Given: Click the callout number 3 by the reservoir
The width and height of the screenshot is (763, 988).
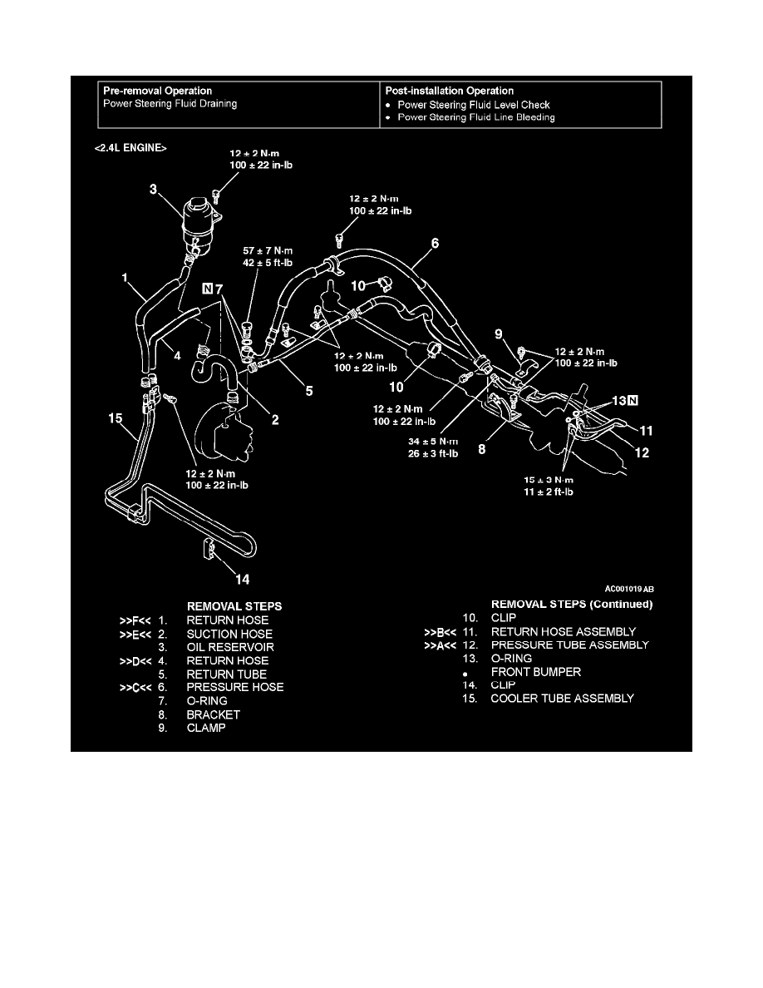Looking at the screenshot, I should pos(153,190).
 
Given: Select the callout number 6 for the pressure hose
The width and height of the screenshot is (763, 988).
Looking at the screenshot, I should pos(435,245).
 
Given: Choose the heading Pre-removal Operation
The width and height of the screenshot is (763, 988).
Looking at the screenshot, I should pos(157,91).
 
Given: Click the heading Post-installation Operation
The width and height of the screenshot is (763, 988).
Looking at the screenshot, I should pos(450,91).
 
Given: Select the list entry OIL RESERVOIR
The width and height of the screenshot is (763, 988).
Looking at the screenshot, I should pos(230,647).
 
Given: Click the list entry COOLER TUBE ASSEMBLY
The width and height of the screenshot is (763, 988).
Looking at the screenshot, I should pos(562,698).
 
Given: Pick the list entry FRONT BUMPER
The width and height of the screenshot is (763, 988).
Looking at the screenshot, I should pos(535,671).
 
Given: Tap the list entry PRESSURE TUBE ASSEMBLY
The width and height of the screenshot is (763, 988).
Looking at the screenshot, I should pos(569,645).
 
